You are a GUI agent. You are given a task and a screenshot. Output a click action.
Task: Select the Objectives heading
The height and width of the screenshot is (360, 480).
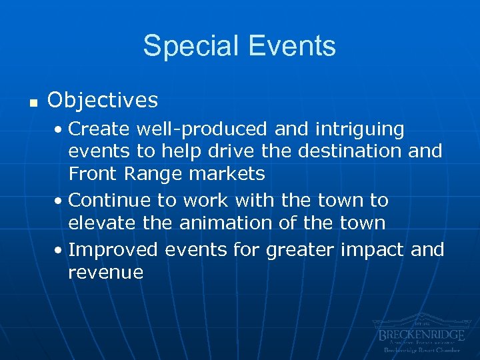point(103,100)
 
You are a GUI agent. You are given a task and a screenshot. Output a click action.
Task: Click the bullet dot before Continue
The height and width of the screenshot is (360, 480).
point(61,201)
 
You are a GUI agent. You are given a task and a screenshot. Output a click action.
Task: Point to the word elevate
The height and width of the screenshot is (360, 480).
point(103,223)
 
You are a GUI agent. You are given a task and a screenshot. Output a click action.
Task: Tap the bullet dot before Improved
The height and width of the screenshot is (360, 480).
point(61,251)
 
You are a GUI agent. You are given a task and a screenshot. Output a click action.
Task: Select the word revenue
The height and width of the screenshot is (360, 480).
point(105,272)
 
